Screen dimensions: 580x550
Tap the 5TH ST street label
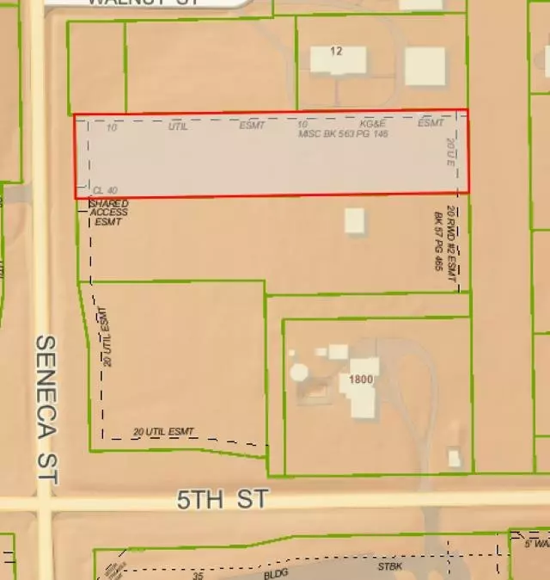(223, 499)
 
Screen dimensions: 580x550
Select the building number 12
(336, 52)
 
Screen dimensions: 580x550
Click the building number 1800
(362, 379)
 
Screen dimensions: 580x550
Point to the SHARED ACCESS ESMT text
(108, 213)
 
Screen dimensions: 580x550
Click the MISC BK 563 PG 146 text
(343, 134)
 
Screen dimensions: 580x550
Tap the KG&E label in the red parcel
(374, 124)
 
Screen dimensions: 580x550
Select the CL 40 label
(105, 189)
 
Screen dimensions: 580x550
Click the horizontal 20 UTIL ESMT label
(164, 431)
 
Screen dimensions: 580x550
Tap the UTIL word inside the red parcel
(178, 126)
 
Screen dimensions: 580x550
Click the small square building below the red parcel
(355, 220)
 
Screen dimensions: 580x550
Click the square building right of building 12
(425, 66)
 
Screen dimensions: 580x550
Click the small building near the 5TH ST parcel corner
(454, 458)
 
